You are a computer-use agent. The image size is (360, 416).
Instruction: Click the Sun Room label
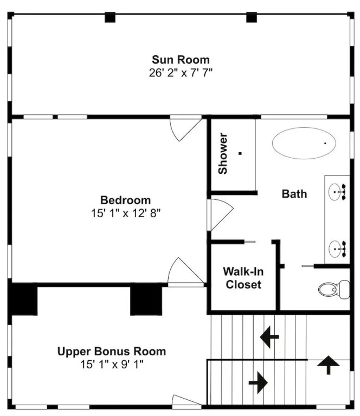(181, 60)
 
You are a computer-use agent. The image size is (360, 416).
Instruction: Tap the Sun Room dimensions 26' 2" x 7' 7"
(181, 73)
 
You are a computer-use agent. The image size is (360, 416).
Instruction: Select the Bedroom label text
(126, 200)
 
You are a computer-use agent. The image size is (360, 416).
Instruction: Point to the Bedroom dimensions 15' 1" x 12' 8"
(126, 213)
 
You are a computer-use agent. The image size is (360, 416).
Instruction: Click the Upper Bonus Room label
(112, 352)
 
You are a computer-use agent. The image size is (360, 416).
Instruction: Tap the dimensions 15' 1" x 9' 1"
(112, 364)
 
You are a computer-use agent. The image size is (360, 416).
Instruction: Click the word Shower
(223, 154)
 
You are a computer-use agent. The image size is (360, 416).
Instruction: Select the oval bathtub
(304, 143)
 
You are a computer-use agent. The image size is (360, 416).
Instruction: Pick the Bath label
(294, 194)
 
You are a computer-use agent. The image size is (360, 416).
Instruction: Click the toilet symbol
(334, 289)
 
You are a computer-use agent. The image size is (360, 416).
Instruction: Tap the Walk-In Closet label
(243, 278)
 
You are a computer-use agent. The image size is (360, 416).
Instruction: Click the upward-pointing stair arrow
(329, 365)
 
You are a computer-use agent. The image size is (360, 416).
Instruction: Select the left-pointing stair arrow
(269, 337)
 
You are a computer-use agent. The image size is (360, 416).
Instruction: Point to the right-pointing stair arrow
(258, 382)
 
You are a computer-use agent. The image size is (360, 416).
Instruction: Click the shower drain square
(240, 153)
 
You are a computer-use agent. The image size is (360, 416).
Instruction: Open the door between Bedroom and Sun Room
(185, 128)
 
